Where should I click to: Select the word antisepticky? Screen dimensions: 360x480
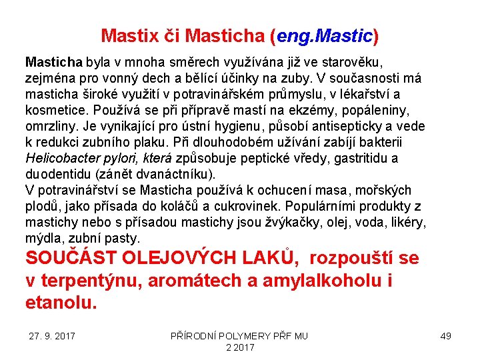355,126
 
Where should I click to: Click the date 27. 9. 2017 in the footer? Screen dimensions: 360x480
52,336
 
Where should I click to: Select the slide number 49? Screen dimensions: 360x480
445,336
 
